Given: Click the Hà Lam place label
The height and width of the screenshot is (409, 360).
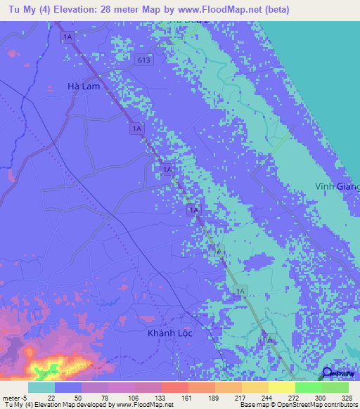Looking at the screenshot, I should click(82, 86).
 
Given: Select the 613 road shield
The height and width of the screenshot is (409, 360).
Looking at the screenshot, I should click(145, 60).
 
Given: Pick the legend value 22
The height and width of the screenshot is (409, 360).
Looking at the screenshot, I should click(52, 397).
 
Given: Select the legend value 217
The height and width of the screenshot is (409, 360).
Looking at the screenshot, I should click(239, 397).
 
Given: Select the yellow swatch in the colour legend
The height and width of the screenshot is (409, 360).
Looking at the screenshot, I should click(281, 387).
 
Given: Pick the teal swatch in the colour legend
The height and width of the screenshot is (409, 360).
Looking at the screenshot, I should click(41, 387).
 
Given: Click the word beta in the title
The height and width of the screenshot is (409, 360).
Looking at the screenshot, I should click(276, 10).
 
